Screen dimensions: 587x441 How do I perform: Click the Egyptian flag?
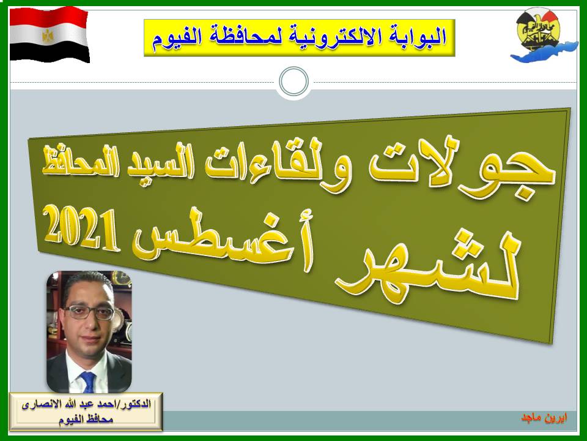(49, 34)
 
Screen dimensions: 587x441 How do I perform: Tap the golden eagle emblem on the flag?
(48, 36)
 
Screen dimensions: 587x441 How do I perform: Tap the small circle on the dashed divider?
(294, 81)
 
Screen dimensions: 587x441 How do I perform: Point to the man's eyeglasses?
(90, 312)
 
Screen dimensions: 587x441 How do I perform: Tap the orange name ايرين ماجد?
(545, 417)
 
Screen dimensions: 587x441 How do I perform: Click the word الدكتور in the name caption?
(135, 405)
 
